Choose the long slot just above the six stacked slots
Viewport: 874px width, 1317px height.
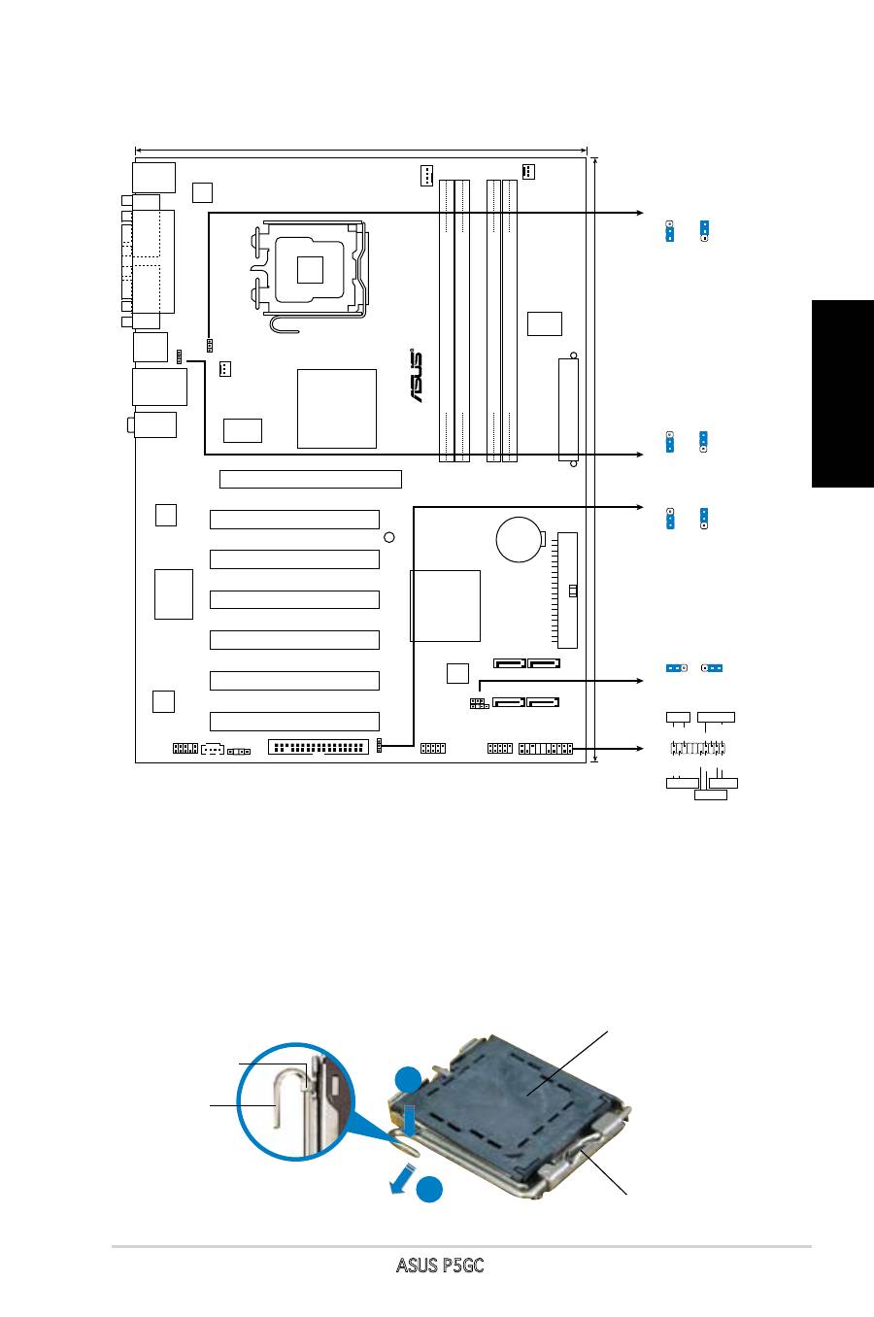pyautogui.click(x=311, y=479)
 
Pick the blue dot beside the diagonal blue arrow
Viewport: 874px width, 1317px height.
pyautogui.click(x=429, y=1190)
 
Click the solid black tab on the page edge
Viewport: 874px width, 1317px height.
pyautogui.click(x=843, y=393)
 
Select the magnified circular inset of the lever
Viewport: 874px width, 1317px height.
pyautogui.click(x=295, y=1101)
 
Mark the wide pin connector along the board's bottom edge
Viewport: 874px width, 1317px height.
pyautogui.click(x=319, y=747)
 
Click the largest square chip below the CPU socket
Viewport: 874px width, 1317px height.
pyautogui.click(x=337, y=409)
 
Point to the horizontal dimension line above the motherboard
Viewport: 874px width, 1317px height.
pyautogui.click(x=361, y=150)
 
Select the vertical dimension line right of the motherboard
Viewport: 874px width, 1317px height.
pyautogui.click(x=595, y=460)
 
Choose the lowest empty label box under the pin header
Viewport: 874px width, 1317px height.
pyautogui.click(x=711, y=794)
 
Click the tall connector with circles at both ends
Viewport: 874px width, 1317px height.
pyautogui.click(x=568, y=410)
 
